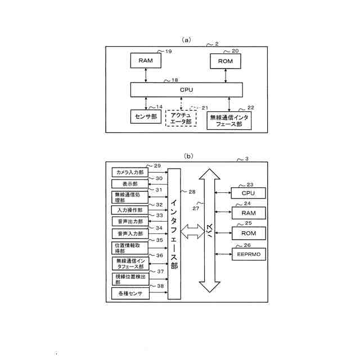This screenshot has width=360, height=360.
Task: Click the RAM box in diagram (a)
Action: tap(146, 61)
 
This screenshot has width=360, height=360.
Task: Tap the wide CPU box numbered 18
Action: tap(187, 89)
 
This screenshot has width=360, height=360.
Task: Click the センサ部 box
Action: tap(146, 116)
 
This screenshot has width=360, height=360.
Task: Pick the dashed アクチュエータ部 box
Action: tap(181, 118)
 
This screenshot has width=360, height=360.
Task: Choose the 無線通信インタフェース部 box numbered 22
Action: tap(229, 120)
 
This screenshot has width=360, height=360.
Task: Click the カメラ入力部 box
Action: tap(130, 172)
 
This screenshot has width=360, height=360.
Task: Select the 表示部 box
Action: tap(130, 184)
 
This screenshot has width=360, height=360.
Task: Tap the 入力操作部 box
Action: tap(130, 210)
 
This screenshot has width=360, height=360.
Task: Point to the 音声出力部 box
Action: tap(130, 222)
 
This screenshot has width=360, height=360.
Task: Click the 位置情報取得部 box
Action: tap(130, 248)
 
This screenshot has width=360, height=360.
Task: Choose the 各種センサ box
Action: tap(130, 294)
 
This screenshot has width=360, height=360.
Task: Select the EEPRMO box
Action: tap(248, 254)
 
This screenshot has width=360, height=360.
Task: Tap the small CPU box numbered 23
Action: tap(248, 193)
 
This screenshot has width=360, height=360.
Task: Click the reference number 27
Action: tap(196, 208)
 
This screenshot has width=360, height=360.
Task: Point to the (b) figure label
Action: tap(188, 156)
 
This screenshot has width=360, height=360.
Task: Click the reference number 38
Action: tap(160, 286)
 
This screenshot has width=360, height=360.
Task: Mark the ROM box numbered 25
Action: tap(248, 233)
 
